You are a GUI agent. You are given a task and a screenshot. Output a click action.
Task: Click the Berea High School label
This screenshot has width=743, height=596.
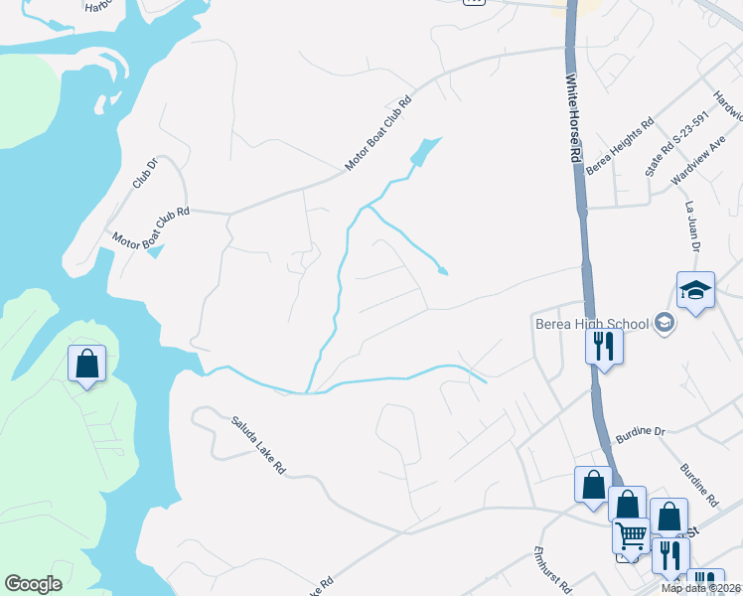pyautogui.click(x=590, y=323)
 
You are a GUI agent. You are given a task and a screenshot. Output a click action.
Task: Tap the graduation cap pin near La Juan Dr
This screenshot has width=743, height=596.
pyautogui.click(x=695, y=291)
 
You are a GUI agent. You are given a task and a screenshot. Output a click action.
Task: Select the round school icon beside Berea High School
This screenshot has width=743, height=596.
pyautogui.click(x=665, y=322)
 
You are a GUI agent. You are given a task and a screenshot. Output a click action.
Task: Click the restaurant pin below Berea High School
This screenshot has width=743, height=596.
pyautogui.click(x=604, y=347)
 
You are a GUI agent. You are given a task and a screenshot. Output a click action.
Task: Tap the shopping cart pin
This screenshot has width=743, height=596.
pyautogui.click(x=631, y=536)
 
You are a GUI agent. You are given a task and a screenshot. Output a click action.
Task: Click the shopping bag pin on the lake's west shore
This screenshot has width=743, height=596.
pyautogui.click(x=86, y=364)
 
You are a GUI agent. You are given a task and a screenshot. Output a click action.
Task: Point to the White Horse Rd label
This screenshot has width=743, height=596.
pyautogui.click(x=572, y=118)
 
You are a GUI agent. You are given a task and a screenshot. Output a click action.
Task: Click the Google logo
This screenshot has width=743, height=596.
pyautogui.click(x=33, y=583)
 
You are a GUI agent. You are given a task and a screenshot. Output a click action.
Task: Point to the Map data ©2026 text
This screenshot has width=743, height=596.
pyautogui.click(x=701, y=588)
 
